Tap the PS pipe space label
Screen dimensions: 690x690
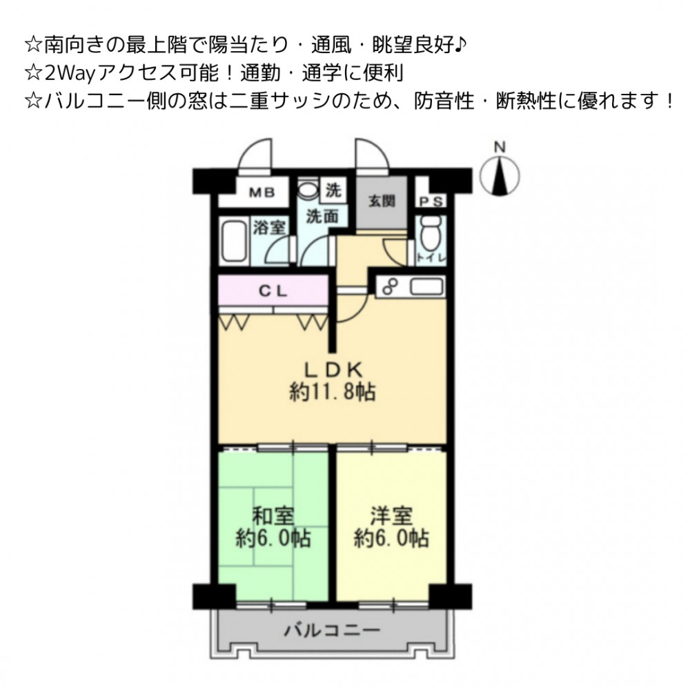click(x=431, y=202)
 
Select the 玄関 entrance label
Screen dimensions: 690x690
click(x=382, y=201)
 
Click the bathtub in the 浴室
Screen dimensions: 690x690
click(x=234, y=241)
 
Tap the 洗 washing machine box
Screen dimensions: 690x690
click(x=333, y=190)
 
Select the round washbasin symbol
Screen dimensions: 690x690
click(x=308, y=189)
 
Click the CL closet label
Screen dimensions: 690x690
click(x=273, y=291)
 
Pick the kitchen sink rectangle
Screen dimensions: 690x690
click(x=427, y=287)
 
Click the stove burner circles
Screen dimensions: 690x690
click(x=389, y=287)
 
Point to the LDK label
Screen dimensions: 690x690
click(x=333, y=370)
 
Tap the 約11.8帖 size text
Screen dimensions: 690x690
click(x=333, y=392)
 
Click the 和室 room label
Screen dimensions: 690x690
click(x=273, y=516)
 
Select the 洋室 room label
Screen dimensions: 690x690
click(x=391, y=516)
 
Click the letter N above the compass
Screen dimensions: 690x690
click(x=500, y=147)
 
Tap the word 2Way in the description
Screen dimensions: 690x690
click(x=70, y=74)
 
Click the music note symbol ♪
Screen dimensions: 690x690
click(x=460, y=44)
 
